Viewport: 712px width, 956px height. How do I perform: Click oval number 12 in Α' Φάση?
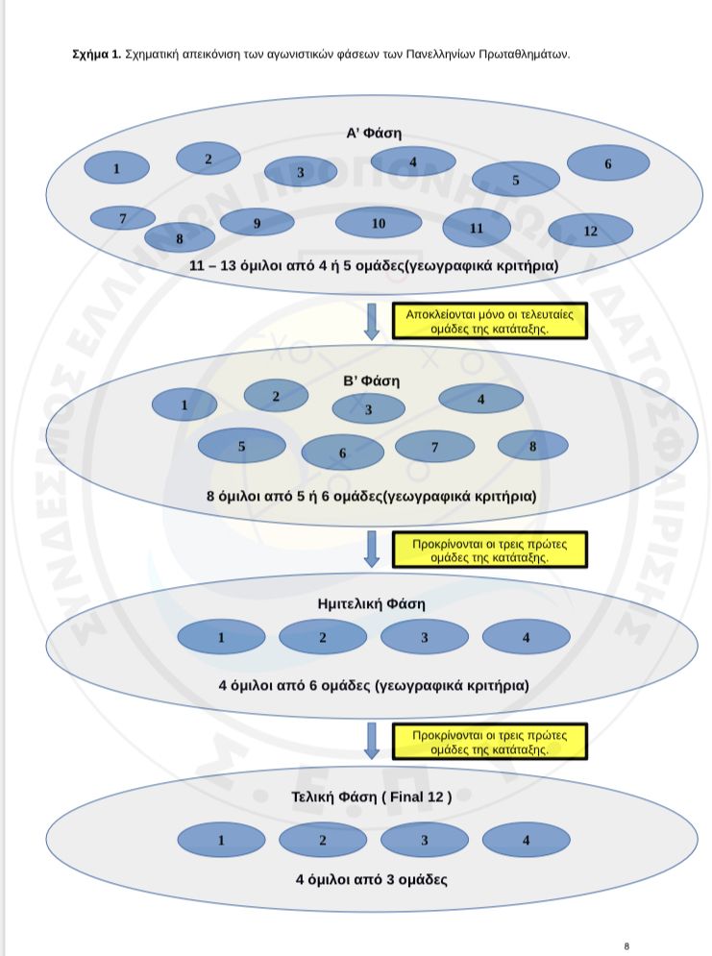590,231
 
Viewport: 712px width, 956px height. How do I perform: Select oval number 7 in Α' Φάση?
122,218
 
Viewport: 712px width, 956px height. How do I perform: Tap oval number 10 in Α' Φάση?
379,223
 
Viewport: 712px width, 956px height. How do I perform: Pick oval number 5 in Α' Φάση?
515,180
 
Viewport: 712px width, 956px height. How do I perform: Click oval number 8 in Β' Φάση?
532,445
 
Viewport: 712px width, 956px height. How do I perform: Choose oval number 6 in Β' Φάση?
342,453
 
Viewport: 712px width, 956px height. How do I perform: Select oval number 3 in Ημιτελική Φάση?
424,637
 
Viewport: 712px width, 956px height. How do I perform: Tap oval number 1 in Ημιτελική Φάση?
221,637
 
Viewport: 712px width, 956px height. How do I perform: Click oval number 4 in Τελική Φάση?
525,841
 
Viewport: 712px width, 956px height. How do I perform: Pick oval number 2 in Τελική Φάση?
323,841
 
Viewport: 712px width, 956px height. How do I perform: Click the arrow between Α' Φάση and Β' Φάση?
372,321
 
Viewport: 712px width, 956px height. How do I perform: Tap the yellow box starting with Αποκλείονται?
489,320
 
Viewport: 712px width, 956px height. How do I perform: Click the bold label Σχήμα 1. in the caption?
97,55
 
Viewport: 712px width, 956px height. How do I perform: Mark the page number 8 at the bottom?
626,945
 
